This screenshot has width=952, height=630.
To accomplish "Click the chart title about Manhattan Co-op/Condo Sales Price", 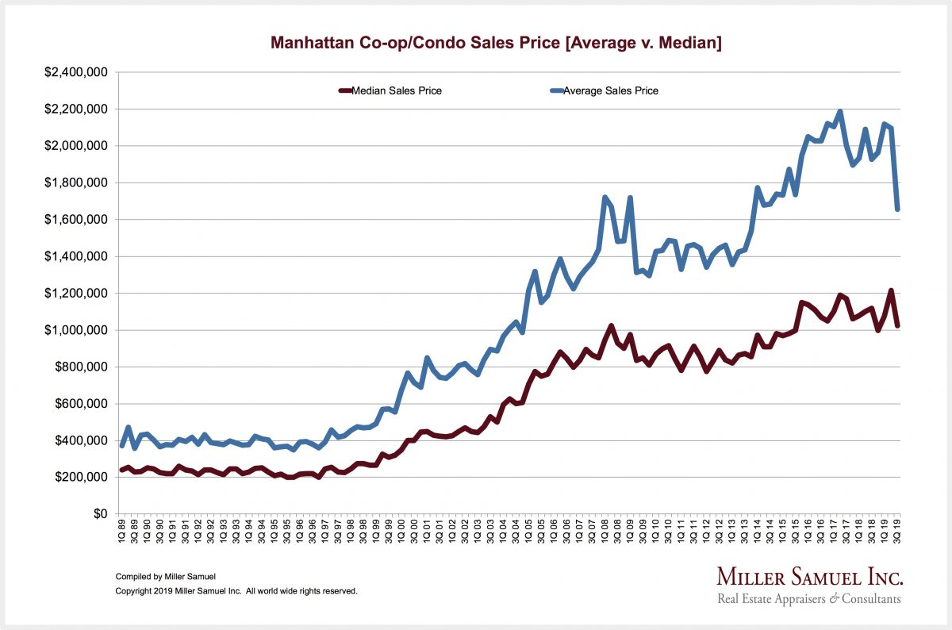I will (x=496, y=43).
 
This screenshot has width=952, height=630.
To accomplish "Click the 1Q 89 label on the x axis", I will (x=122, y=532).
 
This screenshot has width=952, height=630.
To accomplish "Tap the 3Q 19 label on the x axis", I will (x=897, y=532).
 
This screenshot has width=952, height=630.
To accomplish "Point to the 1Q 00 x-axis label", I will (x=401, y=532).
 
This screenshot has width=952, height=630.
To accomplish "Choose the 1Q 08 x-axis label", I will (x=605, y=532).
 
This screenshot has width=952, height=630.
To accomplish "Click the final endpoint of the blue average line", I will (x=897, y=209).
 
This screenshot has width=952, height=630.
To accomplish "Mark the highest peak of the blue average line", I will (x=840, y=112).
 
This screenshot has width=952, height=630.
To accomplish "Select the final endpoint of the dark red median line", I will (x=897, y=325).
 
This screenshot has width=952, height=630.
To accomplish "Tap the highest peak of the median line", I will (x=891, y=290).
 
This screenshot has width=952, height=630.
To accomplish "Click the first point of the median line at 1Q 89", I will (x=122, y=470).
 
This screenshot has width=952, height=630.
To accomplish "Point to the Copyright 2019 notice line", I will (x=236, y=591).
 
